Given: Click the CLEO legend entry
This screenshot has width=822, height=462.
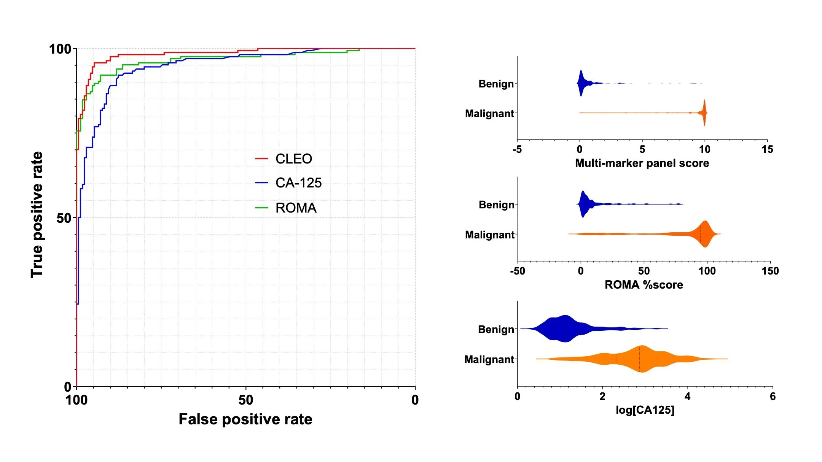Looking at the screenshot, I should pos(293,159).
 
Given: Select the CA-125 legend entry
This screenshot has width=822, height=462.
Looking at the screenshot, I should pos(298,183).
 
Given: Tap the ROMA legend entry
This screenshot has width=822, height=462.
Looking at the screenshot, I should pos(295,208).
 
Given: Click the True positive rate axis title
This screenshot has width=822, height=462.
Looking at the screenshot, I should pos(37,215).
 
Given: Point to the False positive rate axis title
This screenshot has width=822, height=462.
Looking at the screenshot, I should pos(245,419).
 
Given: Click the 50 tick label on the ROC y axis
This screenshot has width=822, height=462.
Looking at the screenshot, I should pos(64,218).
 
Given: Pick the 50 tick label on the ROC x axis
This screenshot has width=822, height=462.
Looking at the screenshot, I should pos(245,400).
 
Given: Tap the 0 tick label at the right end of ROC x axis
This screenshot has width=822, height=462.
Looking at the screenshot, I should pos(415,400).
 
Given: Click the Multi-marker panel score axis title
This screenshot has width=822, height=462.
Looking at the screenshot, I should pos(642,163).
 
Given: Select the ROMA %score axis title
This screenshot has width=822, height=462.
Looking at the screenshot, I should pos(644,285).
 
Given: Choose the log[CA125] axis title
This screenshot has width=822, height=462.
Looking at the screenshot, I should pos(645,410).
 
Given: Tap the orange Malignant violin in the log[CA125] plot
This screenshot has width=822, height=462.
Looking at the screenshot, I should pos(642,359).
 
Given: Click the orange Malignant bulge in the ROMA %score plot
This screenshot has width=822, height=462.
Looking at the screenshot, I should pos(705,234).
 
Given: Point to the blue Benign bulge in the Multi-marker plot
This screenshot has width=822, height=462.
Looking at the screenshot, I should pos(581,83).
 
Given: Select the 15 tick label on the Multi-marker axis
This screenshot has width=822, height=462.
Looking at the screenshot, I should pos(767,149).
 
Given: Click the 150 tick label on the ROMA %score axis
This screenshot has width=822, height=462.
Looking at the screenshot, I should pos(770,271).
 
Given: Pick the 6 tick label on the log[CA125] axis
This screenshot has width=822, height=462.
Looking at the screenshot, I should pos(773,397).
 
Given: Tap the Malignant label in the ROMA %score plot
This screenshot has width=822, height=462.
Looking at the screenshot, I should pos(489,235).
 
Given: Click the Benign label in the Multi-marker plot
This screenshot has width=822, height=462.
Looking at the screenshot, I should pos(496,84).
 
